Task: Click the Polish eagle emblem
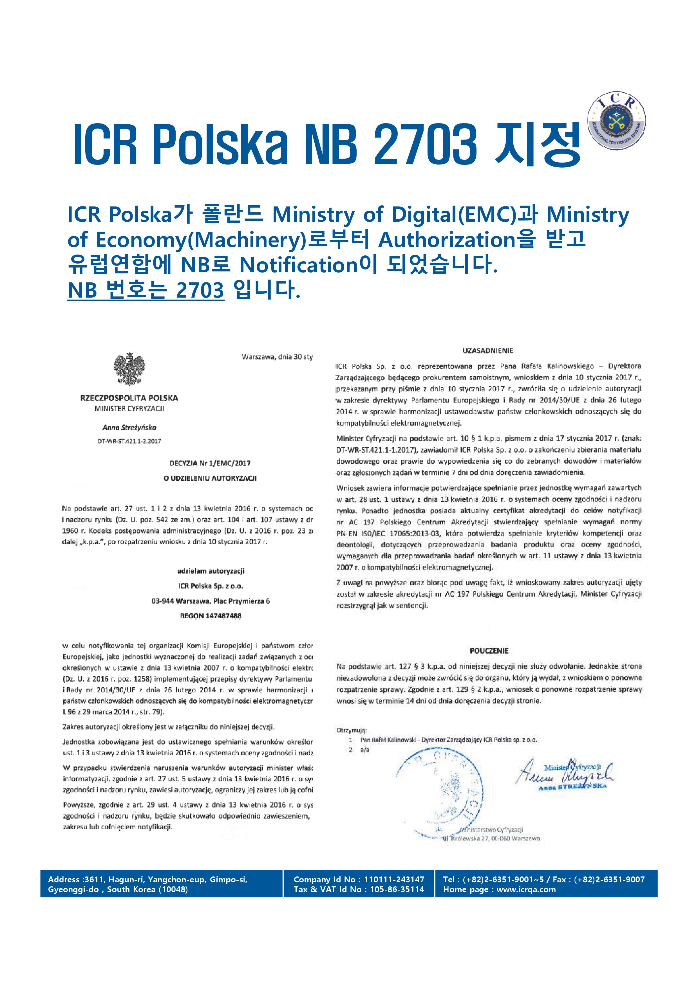point(129,369)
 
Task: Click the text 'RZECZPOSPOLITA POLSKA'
point(129,398)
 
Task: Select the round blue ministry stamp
point(439,791)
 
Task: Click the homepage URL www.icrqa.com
point(526,898)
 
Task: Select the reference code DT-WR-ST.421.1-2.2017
point(129,441)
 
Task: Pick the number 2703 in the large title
point(426,144)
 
